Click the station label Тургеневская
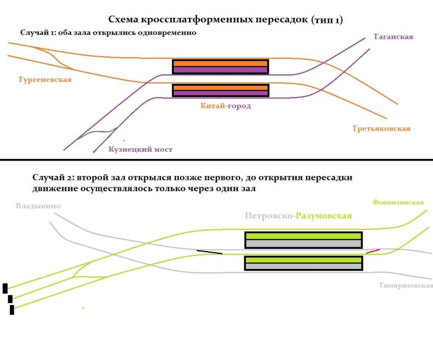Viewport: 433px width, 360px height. point(45,79)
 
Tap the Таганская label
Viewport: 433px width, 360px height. point(393,37)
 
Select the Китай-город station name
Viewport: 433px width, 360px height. point(225,106)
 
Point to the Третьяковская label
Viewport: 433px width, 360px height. point(381,128)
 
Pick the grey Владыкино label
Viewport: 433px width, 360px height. point(38,207)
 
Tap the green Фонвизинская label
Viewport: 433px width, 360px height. point(398,202)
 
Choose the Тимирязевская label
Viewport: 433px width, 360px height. point(406,286)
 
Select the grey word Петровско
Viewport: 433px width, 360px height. point(268,215)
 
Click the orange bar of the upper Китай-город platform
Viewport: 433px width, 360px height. point(220,63)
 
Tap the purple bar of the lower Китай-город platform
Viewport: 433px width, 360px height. point(220,93)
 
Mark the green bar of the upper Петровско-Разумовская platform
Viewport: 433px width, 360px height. point(303,236)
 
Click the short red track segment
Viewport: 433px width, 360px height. point(373,251)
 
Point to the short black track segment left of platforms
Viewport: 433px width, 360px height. point(209,252)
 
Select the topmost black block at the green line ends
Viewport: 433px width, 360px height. point(5,288)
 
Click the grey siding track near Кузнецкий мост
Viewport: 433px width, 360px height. point(100,132)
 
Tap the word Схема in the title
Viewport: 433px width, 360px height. point(128,20)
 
